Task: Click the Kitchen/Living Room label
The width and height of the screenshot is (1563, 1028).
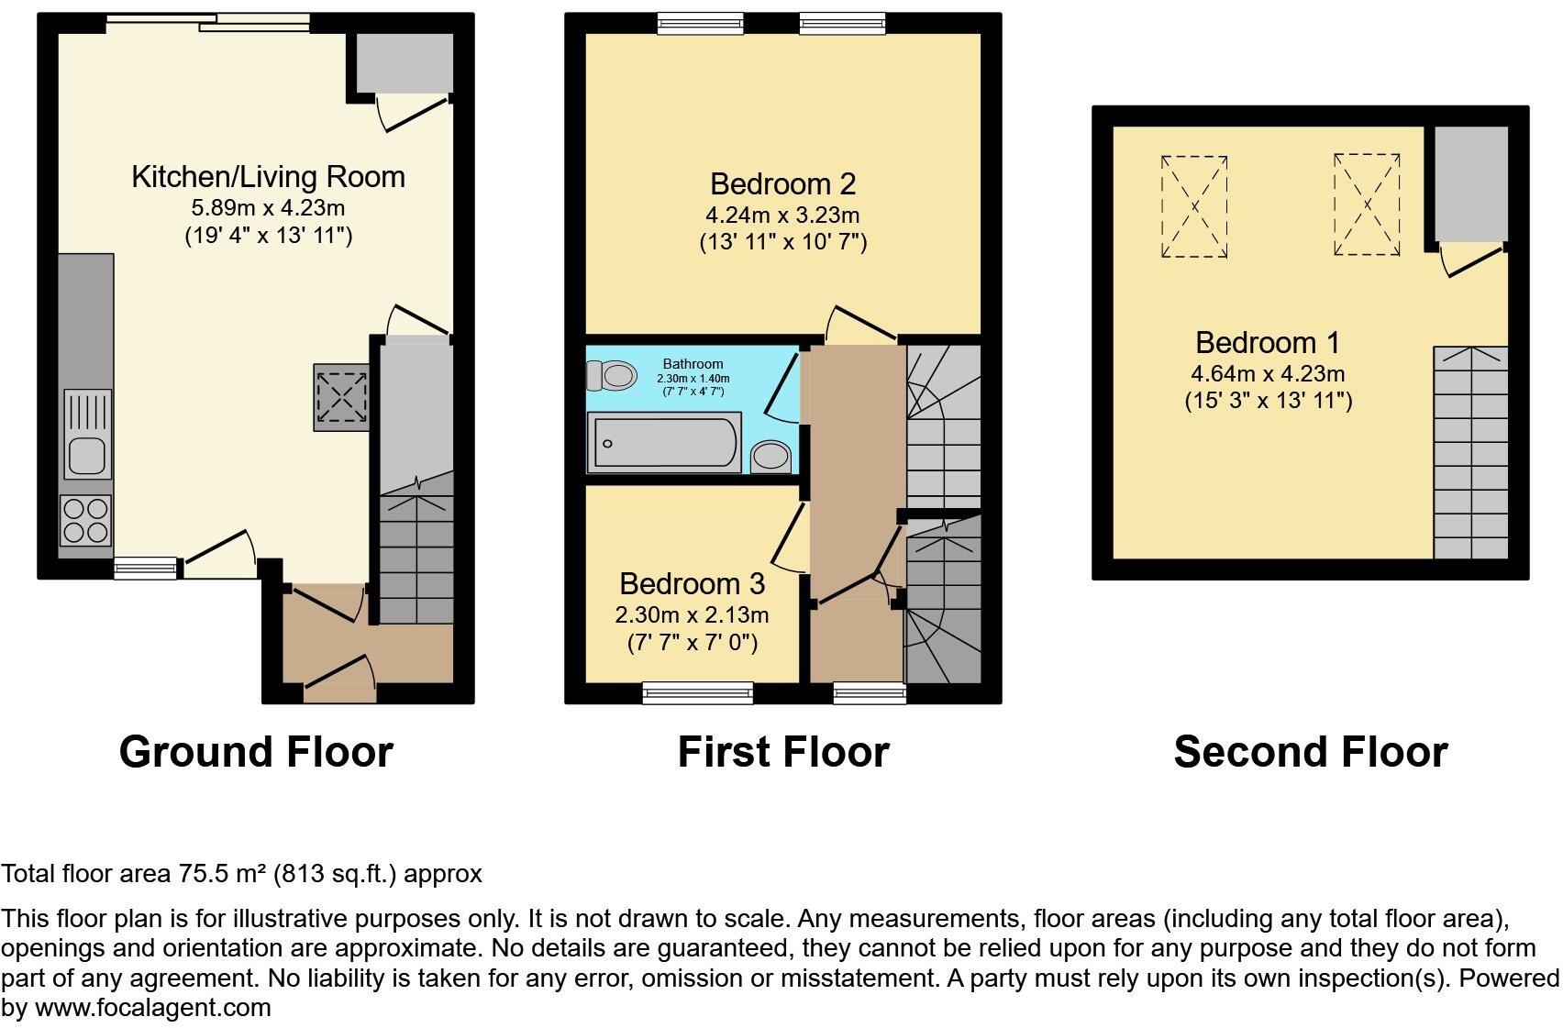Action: click(268, 177)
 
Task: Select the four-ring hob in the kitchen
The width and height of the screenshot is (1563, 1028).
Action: click(86, 520)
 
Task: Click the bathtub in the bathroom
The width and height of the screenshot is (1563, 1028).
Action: click(665, 444)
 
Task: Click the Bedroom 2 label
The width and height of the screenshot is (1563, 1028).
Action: click(782, 184)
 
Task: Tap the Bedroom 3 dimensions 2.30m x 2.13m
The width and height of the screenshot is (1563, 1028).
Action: click(692, 614)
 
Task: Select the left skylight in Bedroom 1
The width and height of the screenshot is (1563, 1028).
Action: click(1194, 206)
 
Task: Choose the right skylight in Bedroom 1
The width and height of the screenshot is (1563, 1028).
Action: click(1367, 204)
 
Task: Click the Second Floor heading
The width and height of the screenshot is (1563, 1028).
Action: click(1310, 752)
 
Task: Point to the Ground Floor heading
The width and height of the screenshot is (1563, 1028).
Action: click(256, 752)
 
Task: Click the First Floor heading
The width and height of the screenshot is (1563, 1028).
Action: click(782, 752)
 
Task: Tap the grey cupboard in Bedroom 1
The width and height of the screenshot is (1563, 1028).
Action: click(1471, 183)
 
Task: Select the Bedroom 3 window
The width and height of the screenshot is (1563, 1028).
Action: click(698, 692)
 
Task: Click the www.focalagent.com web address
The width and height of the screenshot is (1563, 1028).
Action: click(152, 1008)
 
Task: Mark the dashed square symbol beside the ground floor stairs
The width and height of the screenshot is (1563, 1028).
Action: click(342, 397)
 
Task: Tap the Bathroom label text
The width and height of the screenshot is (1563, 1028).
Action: click(693, 364)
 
